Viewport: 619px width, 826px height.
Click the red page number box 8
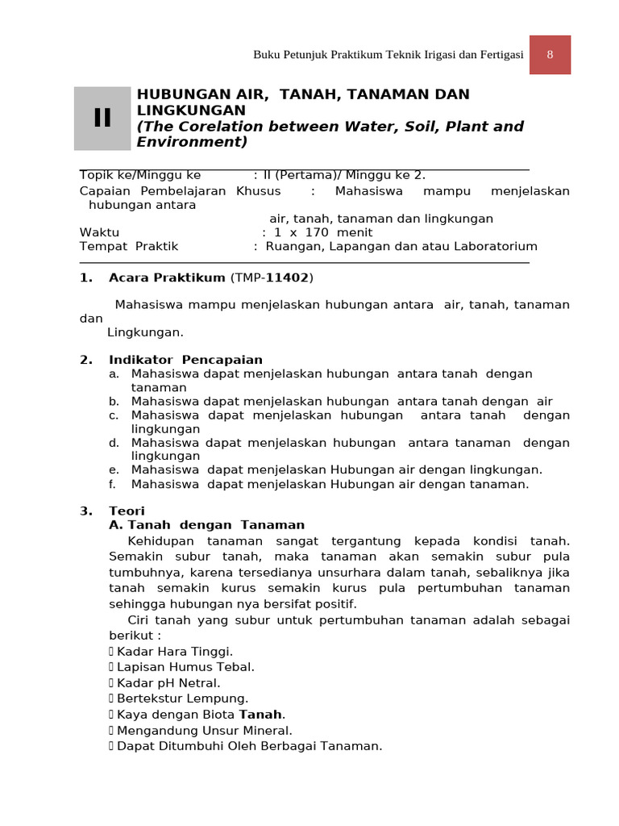(550, 55)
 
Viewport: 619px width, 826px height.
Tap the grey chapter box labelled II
(102, 119)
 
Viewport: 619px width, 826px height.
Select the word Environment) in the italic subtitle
(192, 142)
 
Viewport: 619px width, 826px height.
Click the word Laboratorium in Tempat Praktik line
(496, 246)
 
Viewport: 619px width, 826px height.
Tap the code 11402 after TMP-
(288, 278)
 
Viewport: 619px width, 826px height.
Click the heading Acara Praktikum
(167, 278)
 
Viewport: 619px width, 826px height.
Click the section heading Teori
(127, 511)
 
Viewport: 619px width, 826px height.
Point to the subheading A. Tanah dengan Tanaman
(207, 525)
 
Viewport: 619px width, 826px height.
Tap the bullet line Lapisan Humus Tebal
(185, 667)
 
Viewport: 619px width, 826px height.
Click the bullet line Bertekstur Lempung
(182, 699)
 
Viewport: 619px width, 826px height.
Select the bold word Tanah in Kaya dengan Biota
(260, 715)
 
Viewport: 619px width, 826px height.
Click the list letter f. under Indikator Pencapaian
(113, 484)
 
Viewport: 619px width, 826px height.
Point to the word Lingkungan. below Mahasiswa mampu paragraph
(146, 332)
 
